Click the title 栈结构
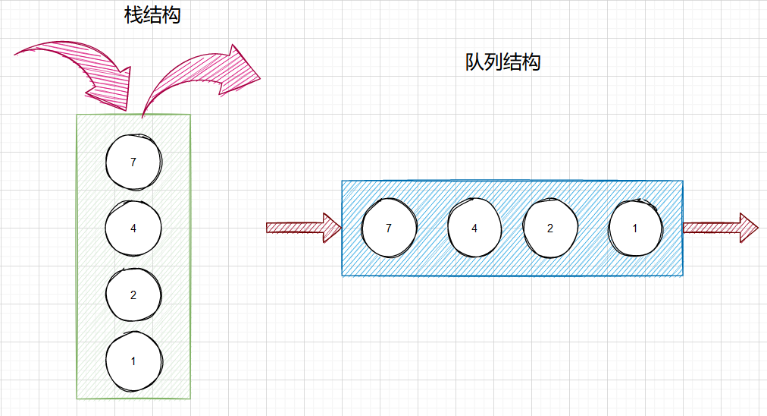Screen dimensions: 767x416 click(152, 16)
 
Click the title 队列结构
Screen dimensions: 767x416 click(502, 62)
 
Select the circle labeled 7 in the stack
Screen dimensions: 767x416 click(133, 162)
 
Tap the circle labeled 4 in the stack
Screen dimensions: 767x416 click(133, 228)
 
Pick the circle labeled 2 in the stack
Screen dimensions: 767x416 click(133, 295)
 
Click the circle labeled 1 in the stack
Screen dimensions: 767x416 click(133, 361)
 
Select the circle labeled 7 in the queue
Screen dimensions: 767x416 click(390, 228)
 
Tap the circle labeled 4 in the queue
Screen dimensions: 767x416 click(474, 228)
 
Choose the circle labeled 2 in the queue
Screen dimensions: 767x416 click(550, 228)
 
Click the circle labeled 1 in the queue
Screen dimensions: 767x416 click(635, 228)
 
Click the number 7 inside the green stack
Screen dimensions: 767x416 click(133, 162)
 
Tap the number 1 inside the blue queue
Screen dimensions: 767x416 click(635, 228)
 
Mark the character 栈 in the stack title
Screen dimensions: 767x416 click(134, 16)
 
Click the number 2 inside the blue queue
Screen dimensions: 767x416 click(550, 228)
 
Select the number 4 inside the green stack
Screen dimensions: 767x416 click(133, 228)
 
